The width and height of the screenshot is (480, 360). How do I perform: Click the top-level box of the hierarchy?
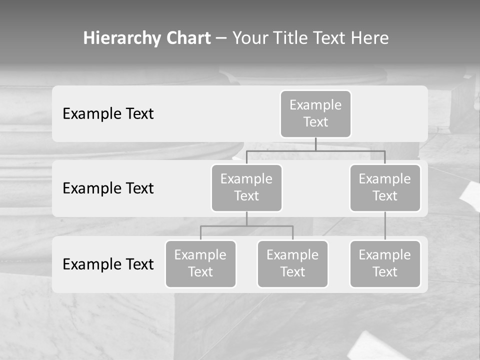(x=315, y=114)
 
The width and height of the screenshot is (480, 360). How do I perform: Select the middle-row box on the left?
(x=246, y=188)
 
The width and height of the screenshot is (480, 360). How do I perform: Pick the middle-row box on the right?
(x=385, y=188)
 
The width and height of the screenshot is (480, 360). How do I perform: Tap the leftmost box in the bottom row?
(x=200, y=264)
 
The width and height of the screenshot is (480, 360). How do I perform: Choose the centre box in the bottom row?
(x=292, y=264)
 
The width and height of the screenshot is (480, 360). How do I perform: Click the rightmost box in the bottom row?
(x=385, y=264)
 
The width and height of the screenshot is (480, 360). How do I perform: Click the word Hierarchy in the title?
(x=122, y=38)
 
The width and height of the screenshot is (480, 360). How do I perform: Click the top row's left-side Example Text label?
(x=108, y=114)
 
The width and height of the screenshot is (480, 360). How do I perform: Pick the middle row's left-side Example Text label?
(x=108, y=188)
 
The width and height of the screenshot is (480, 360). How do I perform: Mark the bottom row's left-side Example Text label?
(x=108, y=264)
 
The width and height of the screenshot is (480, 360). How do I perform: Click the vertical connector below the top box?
(x=315, y=144)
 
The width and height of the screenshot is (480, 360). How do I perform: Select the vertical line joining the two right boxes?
(x=385, y=226)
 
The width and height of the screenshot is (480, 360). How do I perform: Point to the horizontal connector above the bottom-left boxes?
(x=246, y=226)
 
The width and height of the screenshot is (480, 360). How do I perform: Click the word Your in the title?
(x=250, y=38)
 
